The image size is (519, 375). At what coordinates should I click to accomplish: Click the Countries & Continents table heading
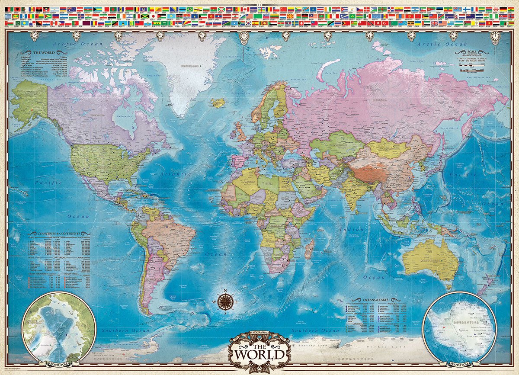(x=59, y=234)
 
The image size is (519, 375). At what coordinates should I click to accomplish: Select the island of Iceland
(x=219, y=103)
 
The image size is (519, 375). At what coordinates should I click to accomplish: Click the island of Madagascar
(x=309, y=250)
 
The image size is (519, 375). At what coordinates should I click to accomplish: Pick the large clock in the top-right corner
(x=495, y=36)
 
